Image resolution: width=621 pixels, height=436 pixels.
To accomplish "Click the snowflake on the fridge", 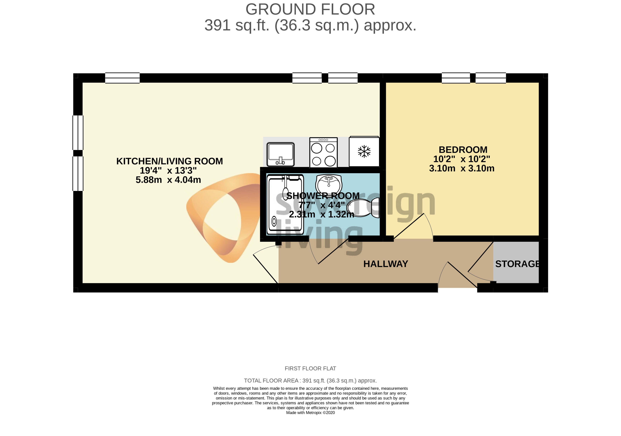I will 364,151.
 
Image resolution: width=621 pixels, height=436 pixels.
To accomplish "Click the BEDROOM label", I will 463,150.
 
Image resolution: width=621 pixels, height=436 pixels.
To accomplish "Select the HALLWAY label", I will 385,264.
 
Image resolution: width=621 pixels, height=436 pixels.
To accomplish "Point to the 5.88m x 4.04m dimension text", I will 168,180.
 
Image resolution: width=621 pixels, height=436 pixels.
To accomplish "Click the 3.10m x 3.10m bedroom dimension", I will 461,168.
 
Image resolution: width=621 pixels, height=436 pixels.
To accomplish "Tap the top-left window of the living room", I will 122,78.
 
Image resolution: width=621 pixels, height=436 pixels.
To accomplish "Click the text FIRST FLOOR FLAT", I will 310,369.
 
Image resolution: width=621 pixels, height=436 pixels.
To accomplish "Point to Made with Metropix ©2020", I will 310,413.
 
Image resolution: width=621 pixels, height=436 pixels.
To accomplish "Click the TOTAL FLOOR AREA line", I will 310,381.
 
